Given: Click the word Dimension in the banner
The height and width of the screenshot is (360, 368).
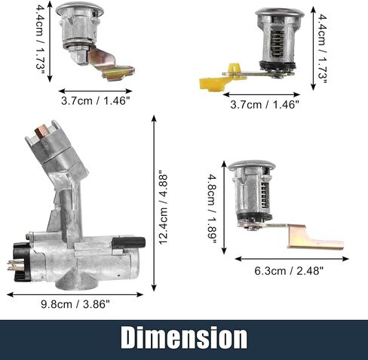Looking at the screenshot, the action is point(184,337).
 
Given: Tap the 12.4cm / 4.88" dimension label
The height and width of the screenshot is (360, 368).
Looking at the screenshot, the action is point(164,208).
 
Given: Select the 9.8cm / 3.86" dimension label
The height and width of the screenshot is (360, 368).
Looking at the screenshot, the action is point(75,304).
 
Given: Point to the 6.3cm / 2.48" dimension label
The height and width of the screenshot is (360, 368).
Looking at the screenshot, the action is point(289,271).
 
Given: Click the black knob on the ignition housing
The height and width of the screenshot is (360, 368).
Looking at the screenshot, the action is point(128,242).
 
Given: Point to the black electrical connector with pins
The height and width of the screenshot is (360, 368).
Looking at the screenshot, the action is point(19,262).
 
